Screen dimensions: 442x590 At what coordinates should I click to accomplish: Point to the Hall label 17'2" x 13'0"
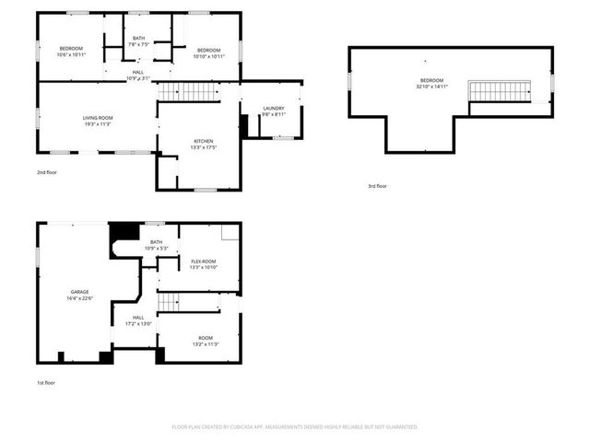tap(138, 320)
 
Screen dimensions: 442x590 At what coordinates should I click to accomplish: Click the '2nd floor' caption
tap(47, 172)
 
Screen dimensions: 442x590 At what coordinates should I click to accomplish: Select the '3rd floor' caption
tap(377, 186)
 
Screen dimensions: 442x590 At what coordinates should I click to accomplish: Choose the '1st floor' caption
tap(46, 382)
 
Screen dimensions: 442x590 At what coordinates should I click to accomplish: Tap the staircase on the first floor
tap(179, 302)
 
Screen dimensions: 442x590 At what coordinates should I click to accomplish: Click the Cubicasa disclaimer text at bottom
tap(295, 427)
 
